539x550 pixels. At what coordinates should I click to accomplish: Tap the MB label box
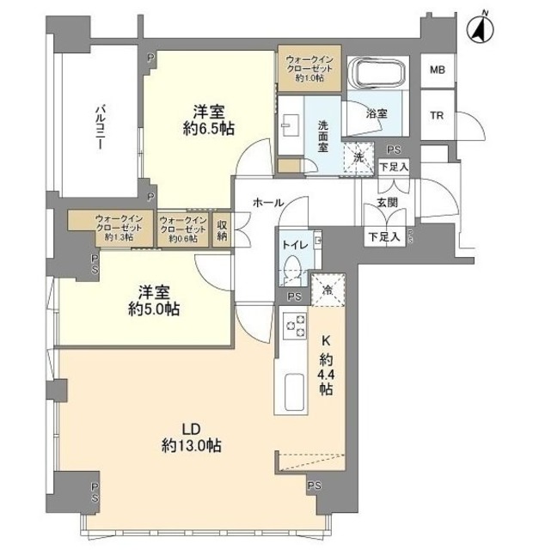tap(438, 70)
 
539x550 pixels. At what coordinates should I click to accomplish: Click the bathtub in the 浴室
tap(379, 77)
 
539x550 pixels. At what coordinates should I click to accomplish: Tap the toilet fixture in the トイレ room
tap(294, 267)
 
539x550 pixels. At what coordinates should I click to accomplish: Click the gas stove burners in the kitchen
tap(294, 328)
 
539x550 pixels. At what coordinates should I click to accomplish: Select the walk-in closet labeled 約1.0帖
tap(309, 69)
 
